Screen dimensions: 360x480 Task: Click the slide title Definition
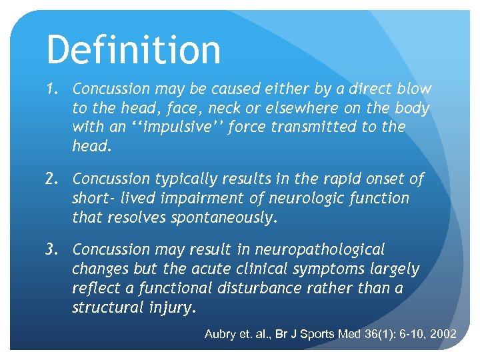click(133, 50)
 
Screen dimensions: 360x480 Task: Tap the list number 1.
click(54, 89)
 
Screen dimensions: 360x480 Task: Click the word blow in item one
click(414, 89)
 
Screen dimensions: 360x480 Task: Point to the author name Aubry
click(221, 334)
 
